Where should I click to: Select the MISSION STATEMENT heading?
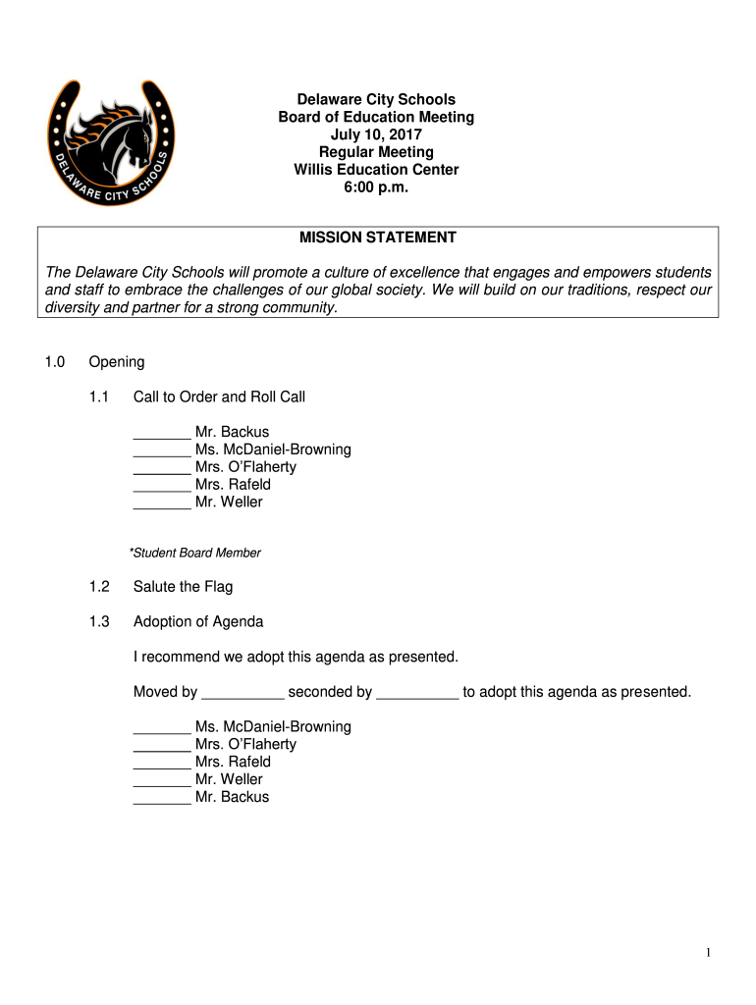377,238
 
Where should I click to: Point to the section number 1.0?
54,362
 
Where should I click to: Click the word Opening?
117,362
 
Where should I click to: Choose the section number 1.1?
99,397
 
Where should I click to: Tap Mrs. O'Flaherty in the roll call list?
245,467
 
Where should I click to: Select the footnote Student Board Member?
195,553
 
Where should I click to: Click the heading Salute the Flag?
183,587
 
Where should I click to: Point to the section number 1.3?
99,621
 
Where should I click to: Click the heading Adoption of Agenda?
198,621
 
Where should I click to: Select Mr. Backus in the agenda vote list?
232,797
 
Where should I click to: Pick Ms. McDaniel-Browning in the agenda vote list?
273,726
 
